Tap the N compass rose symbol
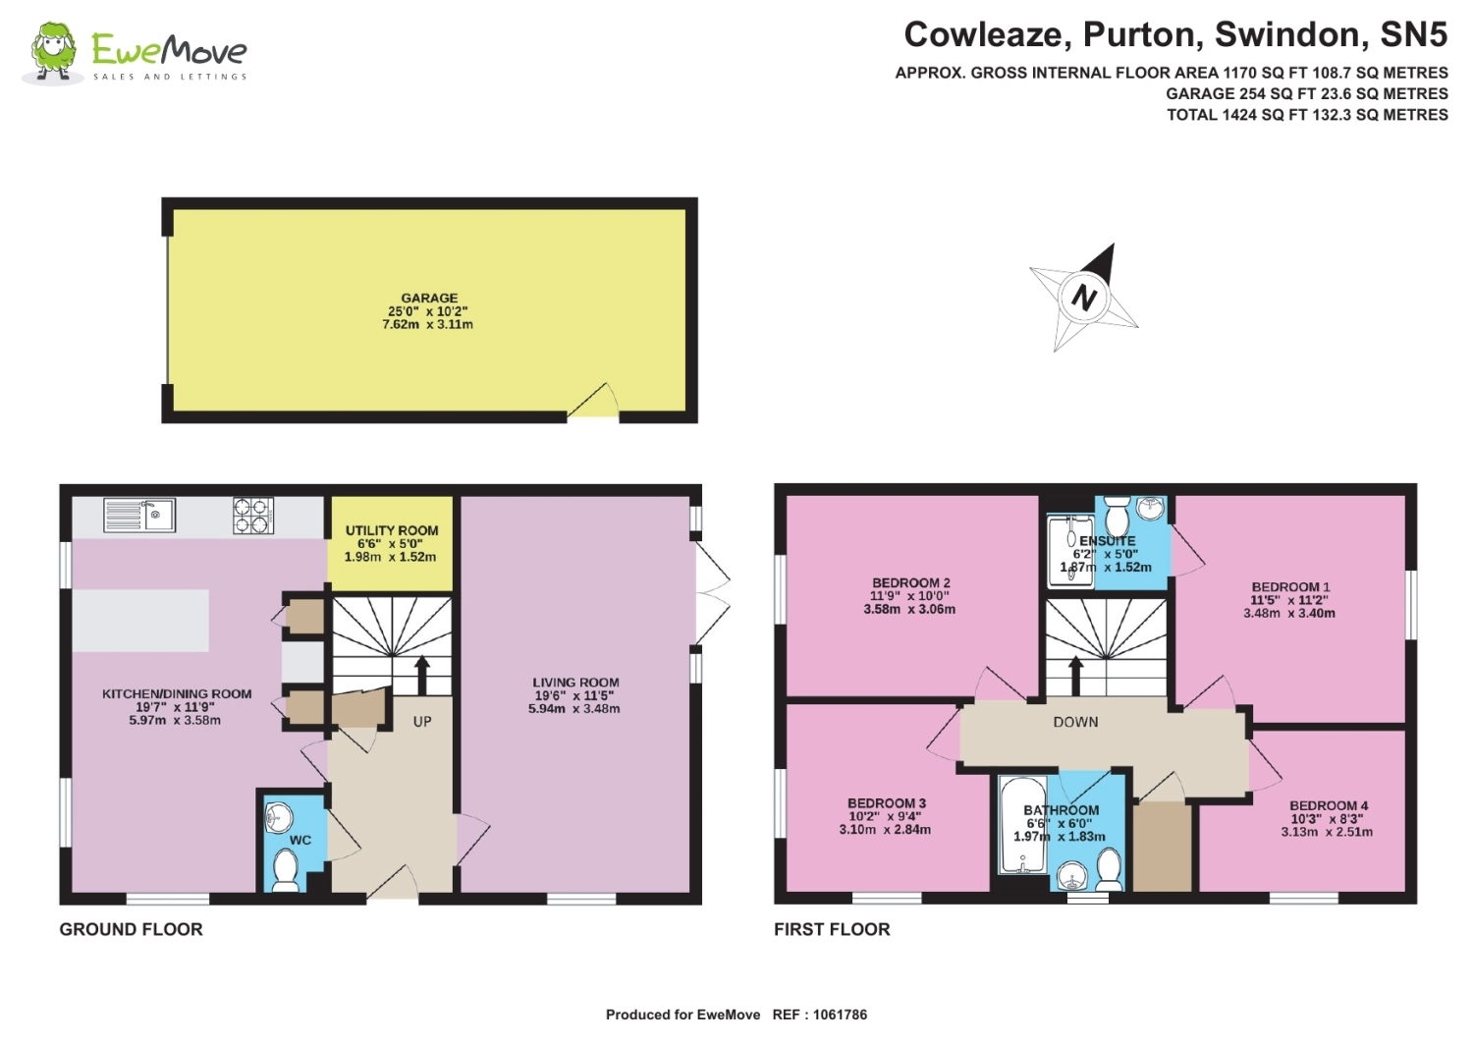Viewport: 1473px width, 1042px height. (x=1083, y=297)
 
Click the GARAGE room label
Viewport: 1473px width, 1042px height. (x=429, y=298)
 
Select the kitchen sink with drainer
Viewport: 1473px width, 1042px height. (x=139, y=515)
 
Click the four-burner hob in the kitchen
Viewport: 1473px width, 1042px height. (x=252, y=516)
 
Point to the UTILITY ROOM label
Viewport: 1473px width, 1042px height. (x=392, y=530)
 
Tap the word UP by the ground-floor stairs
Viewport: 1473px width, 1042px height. (x=422, y=722)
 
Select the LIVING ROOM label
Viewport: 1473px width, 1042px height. (x=575, y=683)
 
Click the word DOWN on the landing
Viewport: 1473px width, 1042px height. (x=1075, y=722)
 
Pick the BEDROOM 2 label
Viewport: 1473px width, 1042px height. (x=910, y=582)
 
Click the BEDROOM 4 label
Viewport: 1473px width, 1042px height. (x=1328, y=805)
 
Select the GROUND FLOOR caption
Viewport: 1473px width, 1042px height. (x=131, y=929)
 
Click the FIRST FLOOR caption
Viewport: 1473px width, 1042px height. (x=832, y=929)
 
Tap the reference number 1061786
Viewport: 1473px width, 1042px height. (x=840, y=1015)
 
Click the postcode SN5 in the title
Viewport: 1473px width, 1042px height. (x=1413, y=35)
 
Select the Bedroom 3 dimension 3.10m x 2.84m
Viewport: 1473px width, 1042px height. (x=885, y=830)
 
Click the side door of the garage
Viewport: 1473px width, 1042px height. (x=593, y=404)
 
